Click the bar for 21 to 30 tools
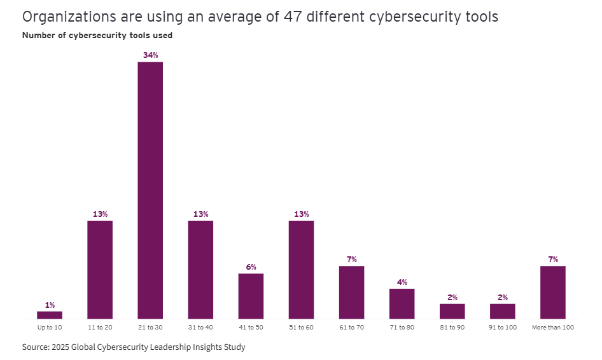[x=150, y=190]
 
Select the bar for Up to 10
[x=50, y=315]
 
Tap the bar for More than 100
[x=552, y=292]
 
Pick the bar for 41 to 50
[x=251, y=296]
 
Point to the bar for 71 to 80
[x=402, y=303]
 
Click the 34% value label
[x=150, y=55]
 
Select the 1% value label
[x=50, y=305]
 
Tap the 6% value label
[x=251, y=267]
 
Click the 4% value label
[x=402, y=282]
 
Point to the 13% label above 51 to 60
[x=301, y=214]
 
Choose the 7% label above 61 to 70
[x=351, y=260]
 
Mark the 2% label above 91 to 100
[x=502, y=298]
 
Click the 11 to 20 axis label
[x=100, y=327]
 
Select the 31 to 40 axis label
[x=200, y=327]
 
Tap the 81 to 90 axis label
[x=452, y=327]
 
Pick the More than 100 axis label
[x=552, y=327]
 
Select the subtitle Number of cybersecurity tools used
[x=97, y=36]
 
